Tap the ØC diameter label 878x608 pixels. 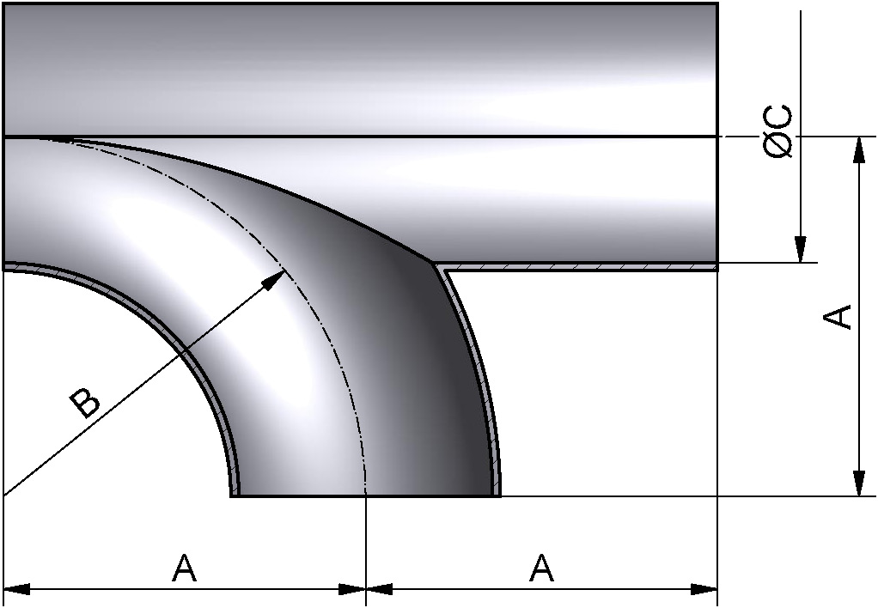coord(778,133)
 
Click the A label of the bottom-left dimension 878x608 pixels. coord(184,568)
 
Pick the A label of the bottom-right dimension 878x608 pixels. coord(541,568)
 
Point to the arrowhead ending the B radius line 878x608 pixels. coord(275,278)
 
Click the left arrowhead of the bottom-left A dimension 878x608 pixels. coord(17,589)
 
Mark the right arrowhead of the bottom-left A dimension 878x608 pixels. coord(353,589)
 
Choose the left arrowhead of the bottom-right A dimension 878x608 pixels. coord(380,589)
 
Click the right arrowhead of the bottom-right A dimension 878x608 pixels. coord(704,589)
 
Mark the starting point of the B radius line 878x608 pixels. coord(5,496)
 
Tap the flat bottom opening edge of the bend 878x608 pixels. coord(365,496)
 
